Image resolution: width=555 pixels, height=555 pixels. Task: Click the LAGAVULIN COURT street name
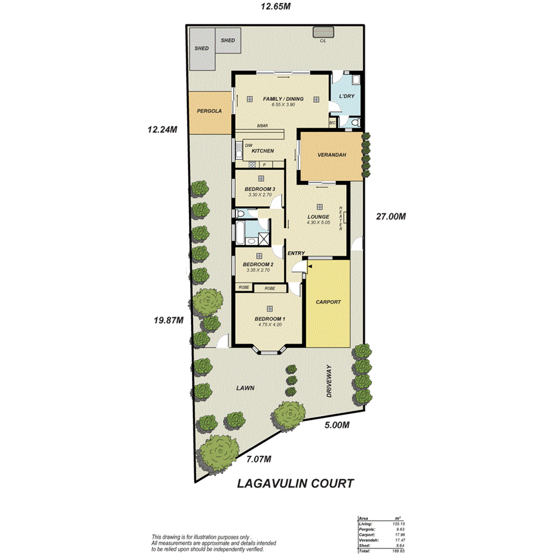tap(295, 483)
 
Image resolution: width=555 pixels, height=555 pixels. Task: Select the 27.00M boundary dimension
tap(390, 217)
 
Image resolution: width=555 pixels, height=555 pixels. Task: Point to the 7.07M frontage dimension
tap(258, 459)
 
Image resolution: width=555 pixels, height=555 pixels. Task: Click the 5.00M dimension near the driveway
tap(336, 425)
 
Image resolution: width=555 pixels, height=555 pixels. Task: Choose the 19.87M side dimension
tap(167, 320)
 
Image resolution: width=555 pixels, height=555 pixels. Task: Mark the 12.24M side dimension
tap(163, 129)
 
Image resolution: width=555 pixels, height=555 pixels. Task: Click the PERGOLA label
tap(209, 111)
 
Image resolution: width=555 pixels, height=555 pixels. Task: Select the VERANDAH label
tap(331, 155)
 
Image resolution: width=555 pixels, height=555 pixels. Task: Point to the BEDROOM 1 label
tap(270, 319)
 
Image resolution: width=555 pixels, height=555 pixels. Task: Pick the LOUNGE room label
tap(319, 217)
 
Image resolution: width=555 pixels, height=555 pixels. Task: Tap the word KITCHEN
tap(263, 151)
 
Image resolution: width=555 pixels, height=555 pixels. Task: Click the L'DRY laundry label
tap(347, 96)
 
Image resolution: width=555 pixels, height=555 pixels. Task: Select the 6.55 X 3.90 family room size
tap(283, 105)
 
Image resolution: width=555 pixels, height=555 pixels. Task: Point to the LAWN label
tap(245, 388)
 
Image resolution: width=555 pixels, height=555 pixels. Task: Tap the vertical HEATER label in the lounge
tap(341, 219)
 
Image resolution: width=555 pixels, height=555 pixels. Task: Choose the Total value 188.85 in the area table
tap(392, 551)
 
